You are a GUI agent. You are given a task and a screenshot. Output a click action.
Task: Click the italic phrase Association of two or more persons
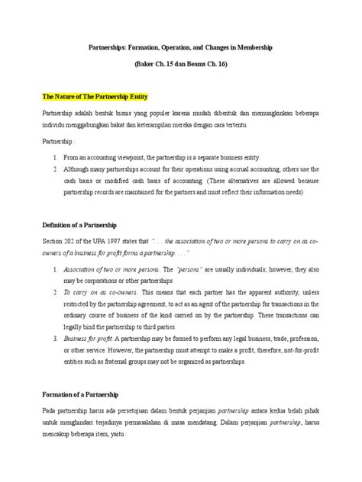[x=104, y=270]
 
